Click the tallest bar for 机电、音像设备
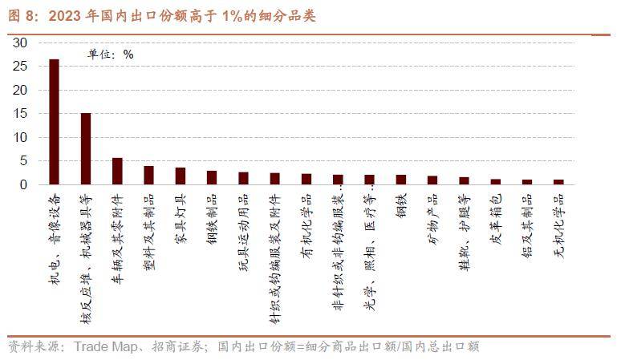pyautogui.click(x=54, y=122)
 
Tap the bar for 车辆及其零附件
pyautogui.click(x=117, y=172)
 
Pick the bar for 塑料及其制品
pyautogui.click(x=148, y=176)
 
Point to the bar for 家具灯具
pyautogui.click(x=181, y=176)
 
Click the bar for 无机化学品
pyautogui.click(x=558, y=182)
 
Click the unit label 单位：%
pyautogui.click(x=110, y=54)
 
